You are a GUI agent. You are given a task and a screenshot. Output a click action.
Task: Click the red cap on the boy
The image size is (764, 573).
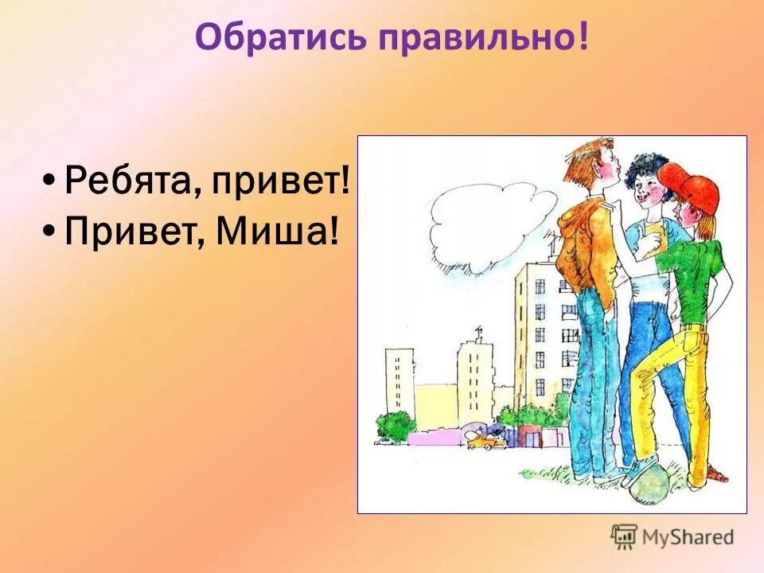689,185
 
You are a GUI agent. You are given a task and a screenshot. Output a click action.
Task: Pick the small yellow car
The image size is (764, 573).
482,440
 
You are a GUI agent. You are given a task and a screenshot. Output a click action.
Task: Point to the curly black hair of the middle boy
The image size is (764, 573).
646,169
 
